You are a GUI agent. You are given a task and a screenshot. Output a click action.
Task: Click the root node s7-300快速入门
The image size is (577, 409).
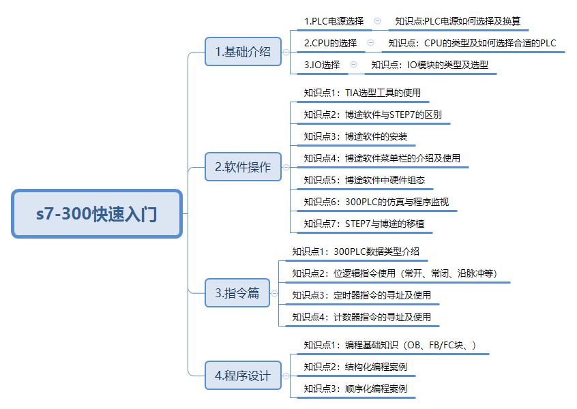(97, 213)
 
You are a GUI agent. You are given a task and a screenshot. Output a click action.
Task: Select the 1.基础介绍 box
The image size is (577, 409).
(243, 52)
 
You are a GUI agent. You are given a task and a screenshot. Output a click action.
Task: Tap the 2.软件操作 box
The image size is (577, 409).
(243, 166)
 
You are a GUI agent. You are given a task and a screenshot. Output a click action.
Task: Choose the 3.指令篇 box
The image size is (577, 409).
(237, 292)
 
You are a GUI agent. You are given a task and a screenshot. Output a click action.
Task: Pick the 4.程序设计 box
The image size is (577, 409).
(243, 376)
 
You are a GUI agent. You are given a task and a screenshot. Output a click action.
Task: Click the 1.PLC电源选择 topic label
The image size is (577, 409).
(334, 21)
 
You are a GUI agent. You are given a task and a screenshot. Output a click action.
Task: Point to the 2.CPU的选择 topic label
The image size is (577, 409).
(331, 43)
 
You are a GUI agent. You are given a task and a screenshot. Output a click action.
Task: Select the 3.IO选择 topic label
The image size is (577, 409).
(322, 65)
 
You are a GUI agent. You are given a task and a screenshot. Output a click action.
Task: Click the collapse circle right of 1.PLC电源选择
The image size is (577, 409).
(378, 21)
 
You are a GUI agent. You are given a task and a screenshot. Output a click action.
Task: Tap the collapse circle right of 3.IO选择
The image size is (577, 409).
(353, 65)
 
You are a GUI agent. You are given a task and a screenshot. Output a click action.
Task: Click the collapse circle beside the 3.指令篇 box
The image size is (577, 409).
(274, 293)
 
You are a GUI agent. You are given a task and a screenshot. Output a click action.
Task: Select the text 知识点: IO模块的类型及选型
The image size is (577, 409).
(430, 65)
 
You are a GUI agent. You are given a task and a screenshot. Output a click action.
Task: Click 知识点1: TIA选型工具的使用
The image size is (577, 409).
(362, 93)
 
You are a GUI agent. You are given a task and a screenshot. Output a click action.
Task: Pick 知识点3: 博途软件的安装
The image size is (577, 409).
(355, 136)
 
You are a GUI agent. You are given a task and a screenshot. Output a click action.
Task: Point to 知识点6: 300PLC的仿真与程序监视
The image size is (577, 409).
(376, 202)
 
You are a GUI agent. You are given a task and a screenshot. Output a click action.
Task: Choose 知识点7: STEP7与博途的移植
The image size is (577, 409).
(364, 224)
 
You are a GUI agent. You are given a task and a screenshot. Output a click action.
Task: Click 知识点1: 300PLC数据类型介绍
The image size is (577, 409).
(356, 252)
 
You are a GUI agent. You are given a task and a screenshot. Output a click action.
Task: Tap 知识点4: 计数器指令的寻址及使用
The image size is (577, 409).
(361, 317)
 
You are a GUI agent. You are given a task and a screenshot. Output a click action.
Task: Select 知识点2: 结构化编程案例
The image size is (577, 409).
(355, 367)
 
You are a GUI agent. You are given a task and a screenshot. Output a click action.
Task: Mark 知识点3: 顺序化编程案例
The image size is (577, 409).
(355, 389)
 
